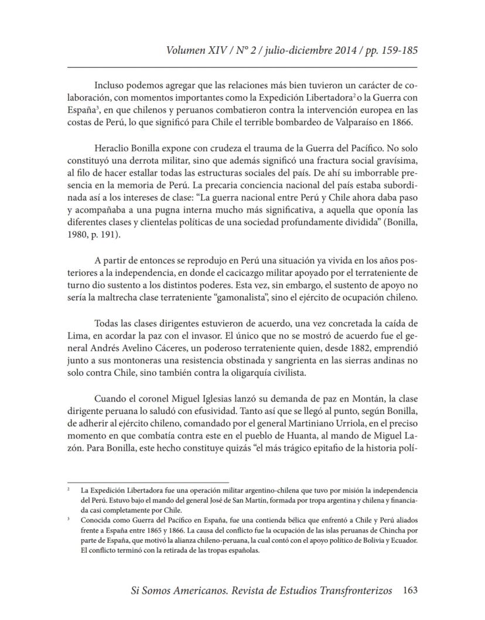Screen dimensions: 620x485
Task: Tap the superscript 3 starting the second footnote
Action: [x=69, y=518]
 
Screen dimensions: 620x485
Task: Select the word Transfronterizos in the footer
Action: [x=346, y=591]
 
